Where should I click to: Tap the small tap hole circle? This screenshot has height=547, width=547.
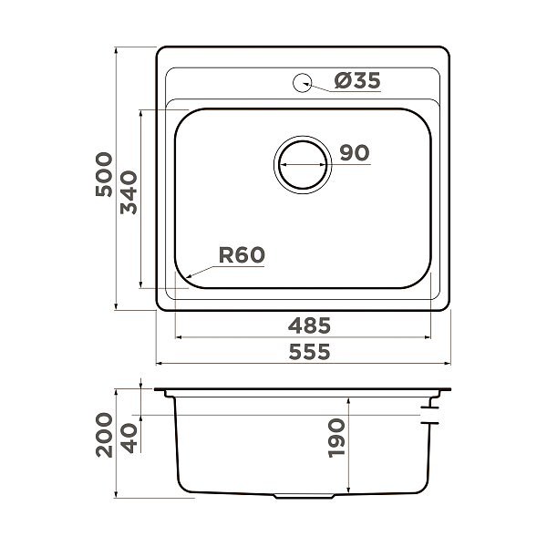[x=302, y=82]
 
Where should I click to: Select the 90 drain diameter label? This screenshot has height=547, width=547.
[x=355, y=152]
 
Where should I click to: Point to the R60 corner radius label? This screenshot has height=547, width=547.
[x=242, y=255]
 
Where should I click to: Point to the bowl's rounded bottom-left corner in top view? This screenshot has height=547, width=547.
[x=183, y=274]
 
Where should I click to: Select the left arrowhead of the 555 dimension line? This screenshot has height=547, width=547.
[x=160, y=363]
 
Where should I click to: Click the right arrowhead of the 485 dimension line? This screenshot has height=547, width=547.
[x=429, y=336]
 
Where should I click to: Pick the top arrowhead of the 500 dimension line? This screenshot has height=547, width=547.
[x=117, y=49]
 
